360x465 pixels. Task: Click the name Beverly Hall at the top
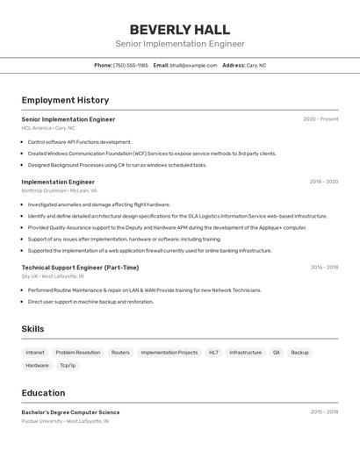click(x=179, y=30)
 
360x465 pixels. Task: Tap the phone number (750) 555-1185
click(x=131, y=65)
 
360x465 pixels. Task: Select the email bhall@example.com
click(x=193, y=65)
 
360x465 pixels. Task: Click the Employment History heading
click(x=65, y=100)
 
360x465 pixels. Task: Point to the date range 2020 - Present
click(x=320, y=119)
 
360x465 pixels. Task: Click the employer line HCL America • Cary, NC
click(x=48, y=128)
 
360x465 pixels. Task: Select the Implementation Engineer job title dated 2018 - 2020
click(x=58, y=182)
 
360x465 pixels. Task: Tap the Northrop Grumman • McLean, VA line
click(x=59, y=190)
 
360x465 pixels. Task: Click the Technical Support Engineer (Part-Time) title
click(x=80, y=268)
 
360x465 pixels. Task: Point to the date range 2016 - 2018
click(x=324, y=268)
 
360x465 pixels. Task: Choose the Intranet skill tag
click(x=35, y=352)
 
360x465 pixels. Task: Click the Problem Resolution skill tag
click(x=78, y=352)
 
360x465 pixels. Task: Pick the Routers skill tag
click(x=120, y=352)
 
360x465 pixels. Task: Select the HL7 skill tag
click(x=213, y=352)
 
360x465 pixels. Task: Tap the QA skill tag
click(x=277, y=352)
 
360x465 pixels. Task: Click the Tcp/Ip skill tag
click(x=68, y=365)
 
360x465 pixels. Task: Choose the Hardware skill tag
click(x=37, y=365)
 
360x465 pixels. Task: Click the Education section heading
click(x=43, y=393)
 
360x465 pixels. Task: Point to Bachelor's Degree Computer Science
click(x=70, y=412)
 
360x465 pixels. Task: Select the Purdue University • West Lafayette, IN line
click(x=65, y=421)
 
